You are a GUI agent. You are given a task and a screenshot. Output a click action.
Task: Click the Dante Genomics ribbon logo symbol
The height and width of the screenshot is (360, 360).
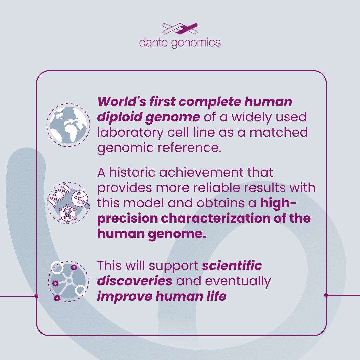coord(180,29)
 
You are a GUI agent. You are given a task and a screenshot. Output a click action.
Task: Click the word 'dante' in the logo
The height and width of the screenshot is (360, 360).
coord(153,43)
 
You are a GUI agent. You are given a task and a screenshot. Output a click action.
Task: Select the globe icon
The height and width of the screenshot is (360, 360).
coord(68,125)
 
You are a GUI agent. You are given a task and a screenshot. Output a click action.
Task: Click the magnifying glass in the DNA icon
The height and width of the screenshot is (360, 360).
coord(81,199)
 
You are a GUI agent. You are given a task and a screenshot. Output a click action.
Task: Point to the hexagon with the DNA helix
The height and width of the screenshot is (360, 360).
coord(67,214)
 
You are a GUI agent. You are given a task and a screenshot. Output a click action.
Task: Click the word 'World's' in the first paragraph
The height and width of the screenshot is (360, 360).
coord(122,101)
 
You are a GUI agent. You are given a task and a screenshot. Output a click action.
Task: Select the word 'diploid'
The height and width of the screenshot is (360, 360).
coord(119,117)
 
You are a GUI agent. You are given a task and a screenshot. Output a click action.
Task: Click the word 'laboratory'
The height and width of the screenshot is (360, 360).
coord(130,133)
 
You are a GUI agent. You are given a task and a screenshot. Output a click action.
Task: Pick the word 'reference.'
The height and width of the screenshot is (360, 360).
coord(189,147)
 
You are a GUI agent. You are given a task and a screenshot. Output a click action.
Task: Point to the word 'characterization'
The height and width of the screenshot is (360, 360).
coord(216,218)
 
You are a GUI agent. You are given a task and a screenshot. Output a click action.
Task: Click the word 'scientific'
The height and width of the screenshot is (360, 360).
coord(232,266)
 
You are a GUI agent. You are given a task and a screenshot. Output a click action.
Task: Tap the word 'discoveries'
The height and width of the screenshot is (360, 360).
coord(135,281)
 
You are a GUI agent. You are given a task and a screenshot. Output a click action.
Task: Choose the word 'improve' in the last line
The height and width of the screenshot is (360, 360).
coord(124,297)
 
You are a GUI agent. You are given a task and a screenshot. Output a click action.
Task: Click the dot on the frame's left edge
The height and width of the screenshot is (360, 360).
coord(36,296)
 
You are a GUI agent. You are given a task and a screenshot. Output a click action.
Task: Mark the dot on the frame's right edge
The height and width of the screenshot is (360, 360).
coord(326,295)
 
